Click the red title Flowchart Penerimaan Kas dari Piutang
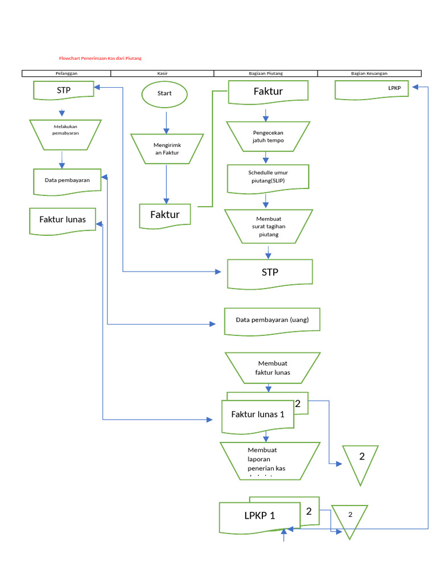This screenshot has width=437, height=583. pos(100,58)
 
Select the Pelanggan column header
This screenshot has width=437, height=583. pos(67,73)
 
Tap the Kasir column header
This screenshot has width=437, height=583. pos(162,73)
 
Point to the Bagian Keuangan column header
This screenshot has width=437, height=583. pos(369,73)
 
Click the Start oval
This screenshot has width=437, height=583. pos(164,93)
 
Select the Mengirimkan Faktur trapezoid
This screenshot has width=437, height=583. pos(166,149)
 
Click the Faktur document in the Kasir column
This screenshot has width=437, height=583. pos(165,215)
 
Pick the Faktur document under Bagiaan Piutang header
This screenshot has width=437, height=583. pos(268,92)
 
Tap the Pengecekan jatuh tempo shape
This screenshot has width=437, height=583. pos(268,137)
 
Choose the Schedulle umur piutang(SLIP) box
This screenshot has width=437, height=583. pos(268,177)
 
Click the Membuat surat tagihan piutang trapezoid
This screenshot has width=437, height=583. pos(269,226)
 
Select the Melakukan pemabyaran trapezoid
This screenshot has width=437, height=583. pos(65,135)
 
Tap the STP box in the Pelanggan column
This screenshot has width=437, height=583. pos(64,91)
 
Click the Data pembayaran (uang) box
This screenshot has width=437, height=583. pos(272,319)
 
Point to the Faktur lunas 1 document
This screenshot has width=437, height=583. pos(258,414)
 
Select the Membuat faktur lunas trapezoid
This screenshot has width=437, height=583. pos(273,368)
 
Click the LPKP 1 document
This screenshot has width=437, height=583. pos(259,516)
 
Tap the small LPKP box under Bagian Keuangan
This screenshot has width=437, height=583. pos(372,89)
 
